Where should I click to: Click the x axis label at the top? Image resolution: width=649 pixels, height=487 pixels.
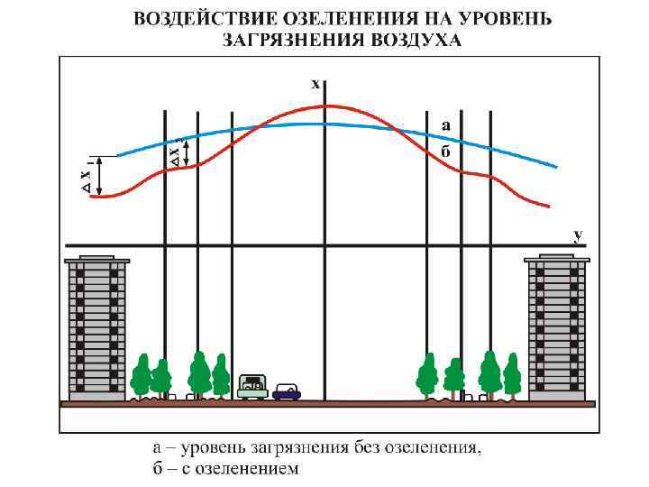coord(315,84)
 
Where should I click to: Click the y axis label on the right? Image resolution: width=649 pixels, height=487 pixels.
coord(578,234)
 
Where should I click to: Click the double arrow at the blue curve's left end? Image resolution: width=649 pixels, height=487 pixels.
coord(99,176)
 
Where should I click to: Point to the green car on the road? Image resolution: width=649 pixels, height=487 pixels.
coord(253,386)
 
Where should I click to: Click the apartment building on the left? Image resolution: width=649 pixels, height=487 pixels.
coord(96,329)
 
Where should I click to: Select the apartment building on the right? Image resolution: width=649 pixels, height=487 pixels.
coord(556,329)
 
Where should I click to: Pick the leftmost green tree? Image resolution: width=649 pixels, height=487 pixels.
coord(141,375)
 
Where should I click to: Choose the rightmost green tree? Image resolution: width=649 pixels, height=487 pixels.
coord(512,375)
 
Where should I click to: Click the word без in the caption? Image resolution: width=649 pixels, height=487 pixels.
coord(366,449)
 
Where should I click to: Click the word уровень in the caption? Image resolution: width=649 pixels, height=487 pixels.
coord(204,449)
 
